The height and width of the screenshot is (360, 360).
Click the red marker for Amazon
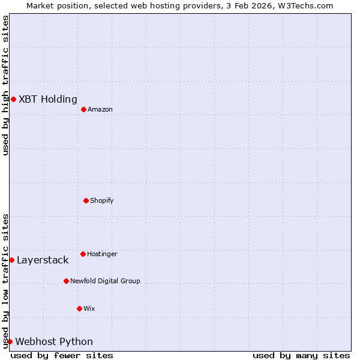click(83, 109)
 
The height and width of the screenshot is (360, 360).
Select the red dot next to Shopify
click(86, 200)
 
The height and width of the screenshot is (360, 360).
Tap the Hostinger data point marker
click(83, 254)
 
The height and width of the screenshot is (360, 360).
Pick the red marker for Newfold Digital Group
click(66, 281)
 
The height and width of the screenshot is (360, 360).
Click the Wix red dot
click(79, 308)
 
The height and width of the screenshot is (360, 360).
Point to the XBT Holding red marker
click(13, 99)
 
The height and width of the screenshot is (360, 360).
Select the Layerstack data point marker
click(11, 260)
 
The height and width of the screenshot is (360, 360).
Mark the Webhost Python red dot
click(10, 341)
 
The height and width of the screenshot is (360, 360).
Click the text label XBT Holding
click(48, 100)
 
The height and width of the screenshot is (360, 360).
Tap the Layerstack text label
click(43, 260)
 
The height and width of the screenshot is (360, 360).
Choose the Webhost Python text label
click(54, 342)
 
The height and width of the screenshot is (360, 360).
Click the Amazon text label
click(100, 110)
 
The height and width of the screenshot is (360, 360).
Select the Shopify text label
click(102, 201)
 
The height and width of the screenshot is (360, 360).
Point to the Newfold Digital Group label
click(105, 281)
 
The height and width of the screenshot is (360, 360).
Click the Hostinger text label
click(102, 254)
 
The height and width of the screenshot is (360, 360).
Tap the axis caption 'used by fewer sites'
click(62, 355)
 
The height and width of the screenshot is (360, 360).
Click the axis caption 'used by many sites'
click(301, 355)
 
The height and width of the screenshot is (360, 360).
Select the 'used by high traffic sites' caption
click(5, 85)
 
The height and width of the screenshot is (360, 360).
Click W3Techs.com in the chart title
click(304, 5)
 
